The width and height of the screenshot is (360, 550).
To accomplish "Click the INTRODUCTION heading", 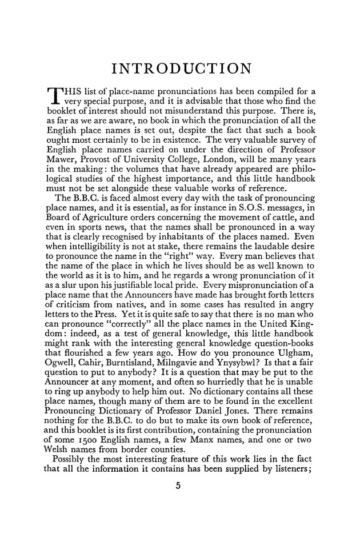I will tap(180, 70).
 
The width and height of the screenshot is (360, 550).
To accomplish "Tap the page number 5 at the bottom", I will tap(180, 520).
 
